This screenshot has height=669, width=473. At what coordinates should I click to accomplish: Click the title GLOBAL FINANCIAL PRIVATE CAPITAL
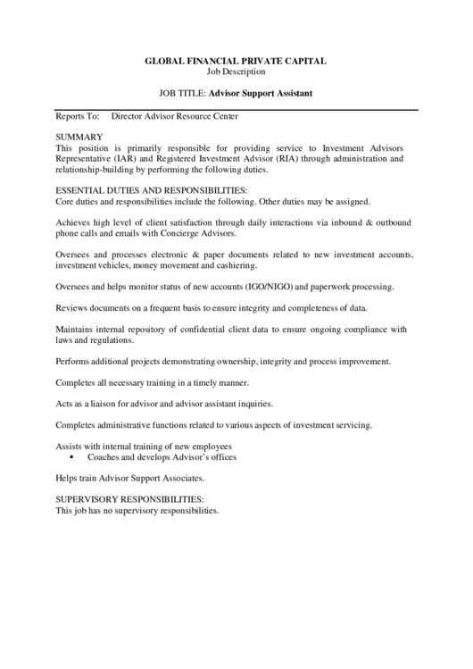pyautogui.click(x=236, y=61)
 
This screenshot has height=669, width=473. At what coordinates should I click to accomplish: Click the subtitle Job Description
pyautogui.click(x=236, y=71)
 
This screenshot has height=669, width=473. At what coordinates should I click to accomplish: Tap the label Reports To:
pyautogui.click(x=77, y=116)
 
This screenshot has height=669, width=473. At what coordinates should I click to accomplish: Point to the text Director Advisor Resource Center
pyautogui.click(x=174, y=116)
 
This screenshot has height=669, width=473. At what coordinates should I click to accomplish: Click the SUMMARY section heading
pyautogui.click(x=79, y=137)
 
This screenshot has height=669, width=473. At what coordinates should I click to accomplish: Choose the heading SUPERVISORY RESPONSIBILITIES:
pyautogui.click(x=130, y=498)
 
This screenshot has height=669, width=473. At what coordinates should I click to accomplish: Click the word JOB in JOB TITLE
pyautogui.click(x=168, y=92)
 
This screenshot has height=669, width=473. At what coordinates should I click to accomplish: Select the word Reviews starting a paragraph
pyautogui.click(x=71, y=308)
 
